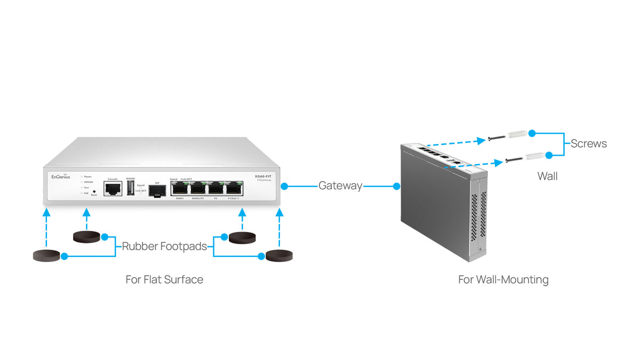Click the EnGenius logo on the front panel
pyautogui.click(x=60, y=177)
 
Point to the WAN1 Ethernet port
pyautogui.click(x=180, y=188)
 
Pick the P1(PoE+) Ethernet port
pyautogui.click(x=234, y=188)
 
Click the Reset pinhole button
pyautogui.click(x=94, y=191)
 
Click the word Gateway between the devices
pyautogui.click(x=340, y=186)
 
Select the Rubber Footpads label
pyautogui.click(x=164, y=246)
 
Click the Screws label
pyautogui.click(x=588, y=143)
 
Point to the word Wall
pyautogui.click(x=547, y=176)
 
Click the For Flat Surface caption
pyautogui.click(x=164, y=279)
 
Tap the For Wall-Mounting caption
pyautogui.click(x=503, y=279)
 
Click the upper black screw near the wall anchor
pyautogui.click(x=497, y=139)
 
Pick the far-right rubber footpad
pyautogui.click(x=279, y=256)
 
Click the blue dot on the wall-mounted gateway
pyautogui.click(x=397, y=186)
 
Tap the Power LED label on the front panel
pyautogui.click(x=87, y=176)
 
